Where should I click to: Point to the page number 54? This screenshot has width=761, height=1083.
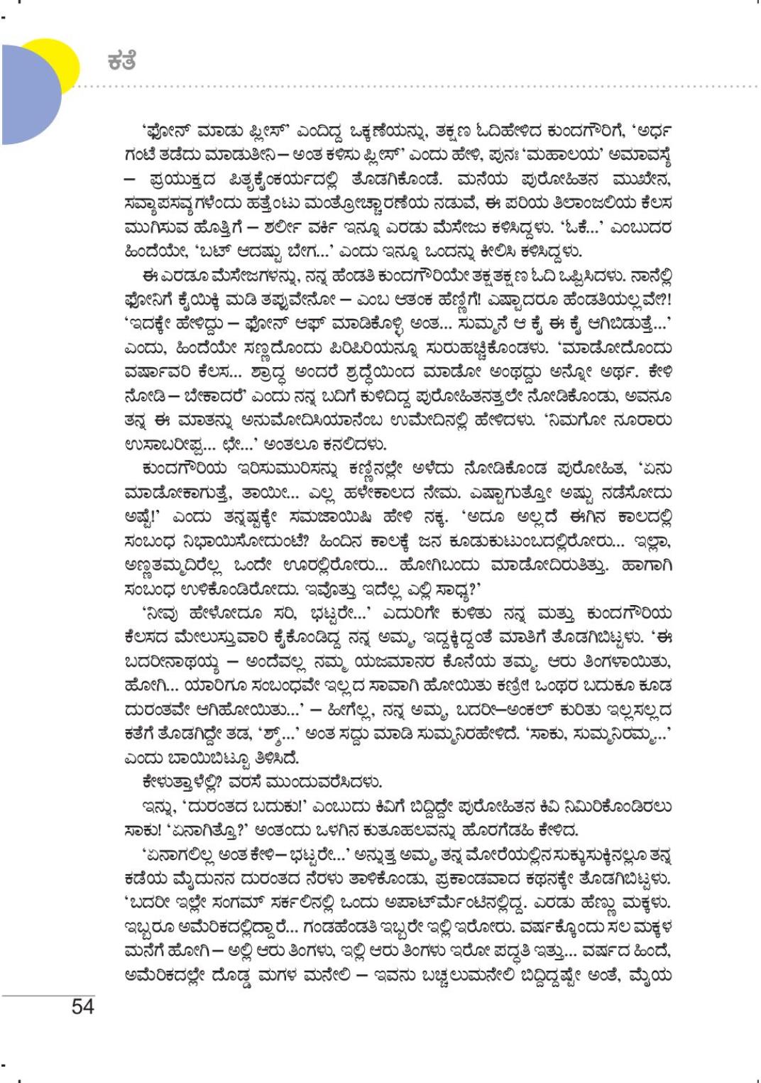click(82, 1006)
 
